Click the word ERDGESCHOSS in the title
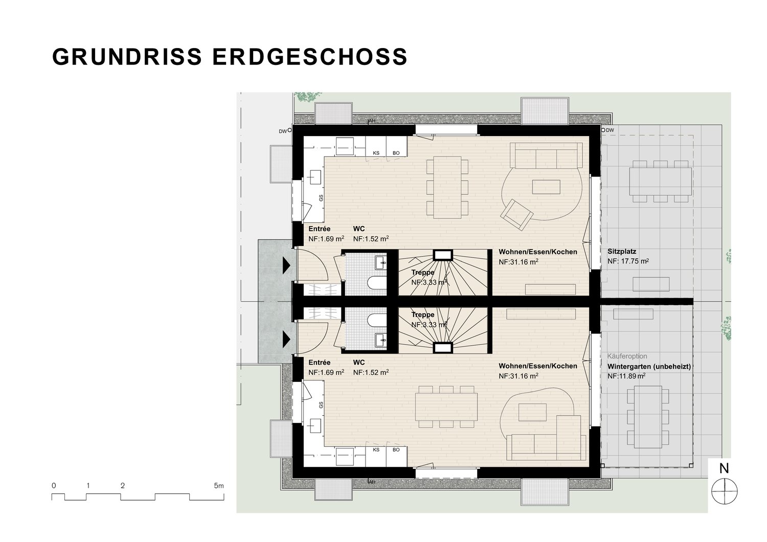point(310,56)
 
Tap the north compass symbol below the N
point(725,491)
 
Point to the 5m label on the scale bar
point(219,486)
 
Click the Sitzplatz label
point(622,251)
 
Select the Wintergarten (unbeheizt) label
point(649,366)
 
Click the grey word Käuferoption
point(627,356)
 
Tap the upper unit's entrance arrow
point(286,266)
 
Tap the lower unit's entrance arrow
point(286,340)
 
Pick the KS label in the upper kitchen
point(376,153)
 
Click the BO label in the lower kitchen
point(396,449)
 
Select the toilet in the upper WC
point(377,282)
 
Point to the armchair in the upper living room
point(516,214)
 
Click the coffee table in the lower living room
point(532,412)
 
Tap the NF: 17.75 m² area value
point(628,261)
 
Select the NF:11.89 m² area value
point(626,376)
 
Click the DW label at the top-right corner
point(610,130)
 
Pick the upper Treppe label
point(423,273)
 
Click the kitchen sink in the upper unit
point(313,178)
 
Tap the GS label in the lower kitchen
point(321,404)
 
